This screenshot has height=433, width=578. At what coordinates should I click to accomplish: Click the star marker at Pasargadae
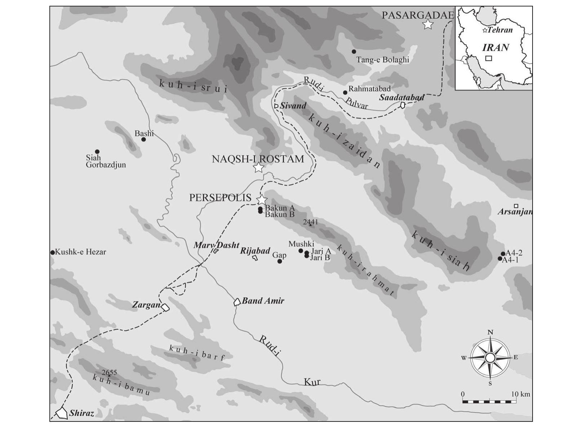pos(428,24)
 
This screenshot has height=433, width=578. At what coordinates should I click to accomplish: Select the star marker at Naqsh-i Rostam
pos(258,168)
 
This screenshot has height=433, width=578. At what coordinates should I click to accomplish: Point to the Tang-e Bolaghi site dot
pos(354,52)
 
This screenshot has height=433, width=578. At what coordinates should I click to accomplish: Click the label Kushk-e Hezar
pos(80,252)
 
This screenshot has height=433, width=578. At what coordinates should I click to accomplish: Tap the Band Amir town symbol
pos(237,302)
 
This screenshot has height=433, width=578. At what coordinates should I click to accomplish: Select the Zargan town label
pos(146,305)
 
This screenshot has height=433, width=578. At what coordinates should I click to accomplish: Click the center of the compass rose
pos(490,358)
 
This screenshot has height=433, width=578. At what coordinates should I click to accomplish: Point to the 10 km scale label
pos(520,394)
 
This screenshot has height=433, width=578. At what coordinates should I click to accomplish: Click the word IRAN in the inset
pos(496,48)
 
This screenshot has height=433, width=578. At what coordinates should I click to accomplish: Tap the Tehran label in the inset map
pos(500,30)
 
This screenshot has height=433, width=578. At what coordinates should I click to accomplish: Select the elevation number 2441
pos(310,222)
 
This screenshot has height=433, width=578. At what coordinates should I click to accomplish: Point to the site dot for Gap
pos(279,261)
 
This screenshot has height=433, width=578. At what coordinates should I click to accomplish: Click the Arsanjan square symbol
pos(516,206)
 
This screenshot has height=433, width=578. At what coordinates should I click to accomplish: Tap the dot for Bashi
pos(144,139)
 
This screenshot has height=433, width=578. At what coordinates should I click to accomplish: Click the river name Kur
pos(312,382)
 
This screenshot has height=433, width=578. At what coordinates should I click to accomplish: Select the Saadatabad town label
pos(401,97)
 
